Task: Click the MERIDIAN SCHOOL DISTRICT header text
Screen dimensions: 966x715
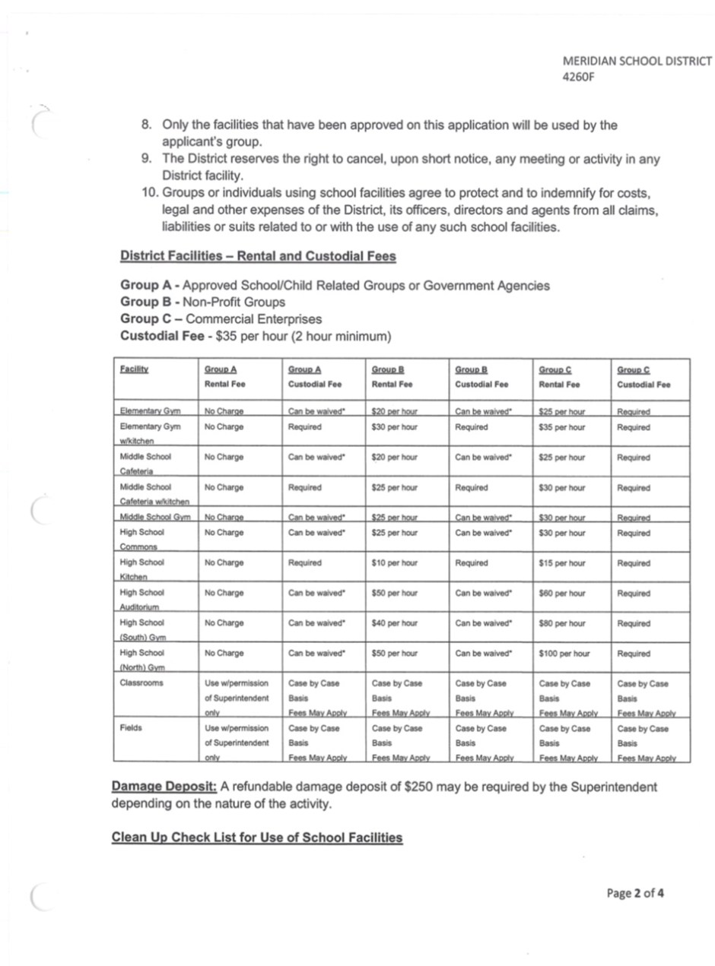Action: [637, 62]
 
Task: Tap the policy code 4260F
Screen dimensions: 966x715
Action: [577, 77]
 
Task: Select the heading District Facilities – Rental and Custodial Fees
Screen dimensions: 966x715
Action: [258, 256]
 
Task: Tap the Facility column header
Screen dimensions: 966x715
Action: [134, 369]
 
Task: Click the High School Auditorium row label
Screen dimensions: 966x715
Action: [141, 600]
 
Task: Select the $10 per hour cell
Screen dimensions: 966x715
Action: [394, 563]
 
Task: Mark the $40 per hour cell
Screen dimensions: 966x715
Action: [394, 623]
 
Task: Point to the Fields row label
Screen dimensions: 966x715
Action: [130, 728]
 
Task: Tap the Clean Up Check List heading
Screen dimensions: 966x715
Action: [256, 838]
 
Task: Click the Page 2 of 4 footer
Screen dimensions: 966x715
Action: [635, 893]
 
